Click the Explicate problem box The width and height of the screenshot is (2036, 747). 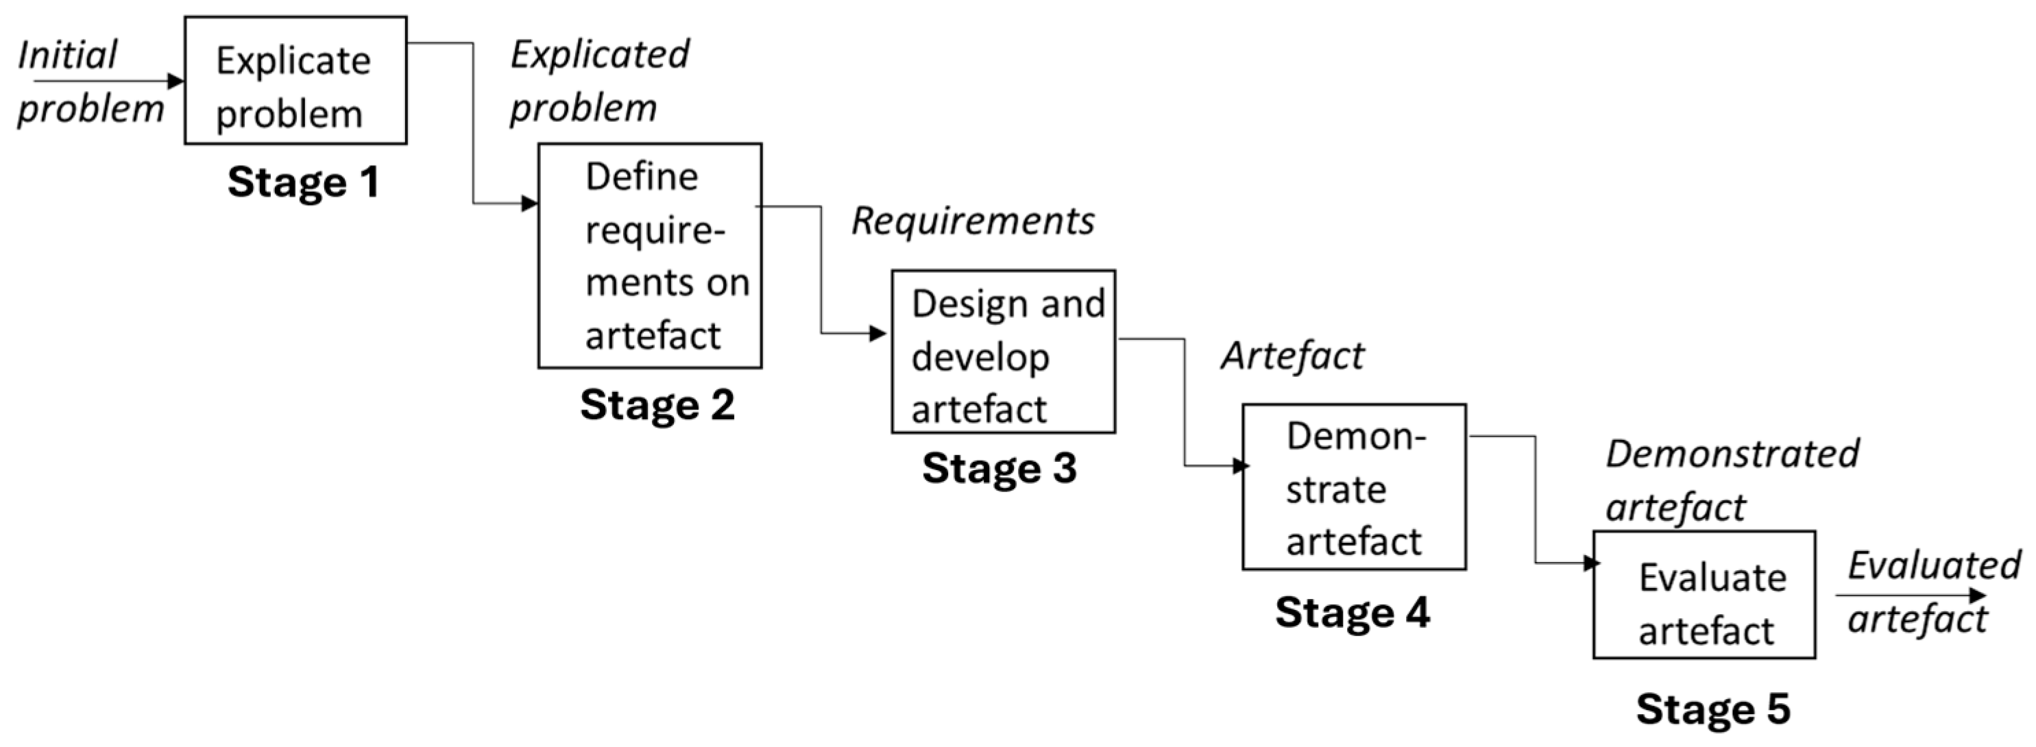pyautogui.click(x=295, y=81)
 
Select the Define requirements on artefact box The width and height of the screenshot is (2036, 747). pyautogui.click(x=650, y=256)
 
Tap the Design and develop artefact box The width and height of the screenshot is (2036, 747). pyautogui.click(x=1003, y=351)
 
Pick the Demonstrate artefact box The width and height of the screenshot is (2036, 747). pyautogui.click(x=1353, y=487)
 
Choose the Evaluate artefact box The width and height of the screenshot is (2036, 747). pyautogui.click(x=1704, y=594)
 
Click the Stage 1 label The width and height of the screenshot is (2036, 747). pyautogui.click(x=304, y=182)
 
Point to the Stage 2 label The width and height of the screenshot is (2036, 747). pyautogui.click(x=657, y=406)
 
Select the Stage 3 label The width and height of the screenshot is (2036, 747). pyautogui.click(x=999, y=468)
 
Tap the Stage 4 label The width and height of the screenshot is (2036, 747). pyautogui.click(x=1352, y=613)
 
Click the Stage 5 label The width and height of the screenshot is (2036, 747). pyautogui.click(x=1712, y=709)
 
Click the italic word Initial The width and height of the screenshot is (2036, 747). pyautogui.click(x=67, y=56)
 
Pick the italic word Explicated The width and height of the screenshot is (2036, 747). pyautogui.click(x=599, y=55)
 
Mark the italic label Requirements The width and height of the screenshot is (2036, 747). pyautogui.click(x=972, y=221)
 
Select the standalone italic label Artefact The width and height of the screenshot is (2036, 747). pyautogui.click(x=1292, y=356)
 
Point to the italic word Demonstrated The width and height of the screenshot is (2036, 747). pyautogui.click(x=1732, y=454)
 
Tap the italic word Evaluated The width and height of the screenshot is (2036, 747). pyautogui.click(x=1933, y=566)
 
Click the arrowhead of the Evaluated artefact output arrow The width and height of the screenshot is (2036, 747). pyautogui.click(x=1978, y=596)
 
